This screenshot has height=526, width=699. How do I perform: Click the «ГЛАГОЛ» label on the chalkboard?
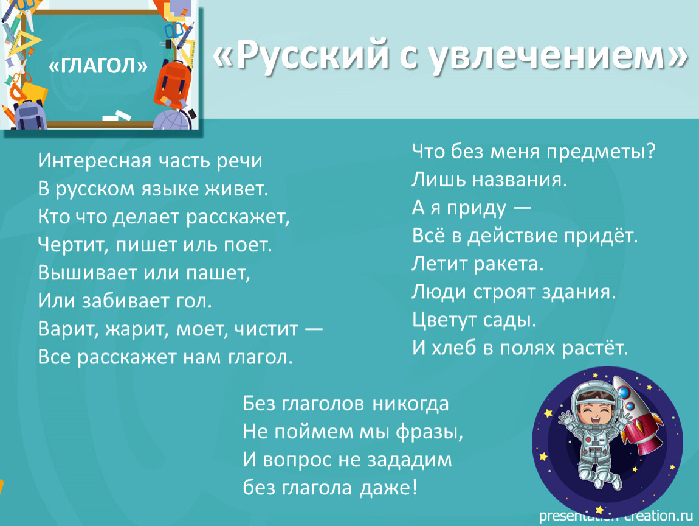pyautogui.click(x=98, y=66)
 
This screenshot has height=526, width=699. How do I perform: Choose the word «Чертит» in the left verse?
pyautogui.click(x=72, y=245)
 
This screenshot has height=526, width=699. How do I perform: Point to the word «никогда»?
pyautogui.click(x=410, y=404)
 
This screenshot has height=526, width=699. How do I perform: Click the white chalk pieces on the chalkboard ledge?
pyautogui.click(x=117, y=116)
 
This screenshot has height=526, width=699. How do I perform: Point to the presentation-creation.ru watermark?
pyautogui.click(x=616, y=516)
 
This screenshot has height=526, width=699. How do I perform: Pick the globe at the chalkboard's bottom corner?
pyautogui.click(x=171, y=120)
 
